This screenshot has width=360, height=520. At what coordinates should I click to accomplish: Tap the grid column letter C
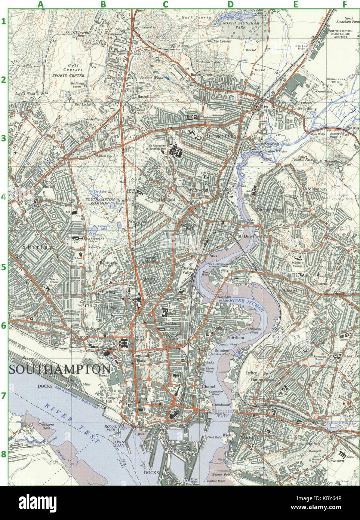[x=165, y=4]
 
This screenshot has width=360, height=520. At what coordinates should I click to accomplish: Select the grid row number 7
[x=4, y=395]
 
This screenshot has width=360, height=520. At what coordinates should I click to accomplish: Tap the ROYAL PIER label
[x=111, y=429]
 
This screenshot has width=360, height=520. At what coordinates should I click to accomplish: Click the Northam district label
[x=235, y=337]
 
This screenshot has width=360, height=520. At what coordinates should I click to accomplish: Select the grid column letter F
[x=345, y=4]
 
